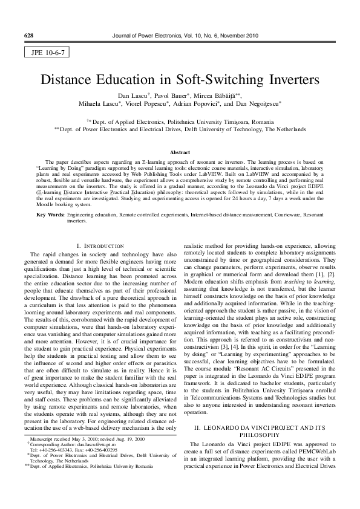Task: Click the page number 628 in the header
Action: click(28, 36)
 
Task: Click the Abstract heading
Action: click(180, 152)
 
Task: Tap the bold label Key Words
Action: click(50, 215)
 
